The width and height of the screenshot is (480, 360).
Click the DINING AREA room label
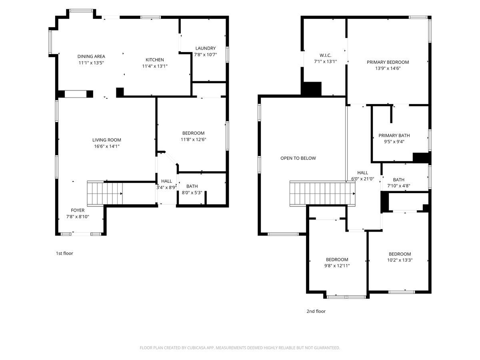pos(91,56)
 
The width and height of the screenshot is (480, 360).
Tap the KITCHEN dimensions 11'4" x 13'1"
pos(154,66)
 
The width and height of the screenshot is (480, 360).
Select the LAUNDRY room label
pos(205,48)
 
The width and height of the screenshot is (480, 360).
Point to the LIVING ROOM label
pos(106,140)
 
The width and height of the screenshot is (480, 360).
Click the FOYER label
pos(78,210)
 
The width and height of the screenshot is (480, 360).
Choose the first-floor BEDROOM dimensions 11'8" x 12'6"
pos(193,140)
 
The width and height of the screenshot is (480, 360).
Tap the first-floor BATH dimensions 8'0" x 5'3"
pos(192,193)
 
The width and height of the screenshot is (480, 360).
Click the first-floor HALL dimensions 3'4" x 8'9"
pos(166,187)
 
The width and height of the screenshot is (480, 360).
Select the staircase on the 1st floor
pos(105,194)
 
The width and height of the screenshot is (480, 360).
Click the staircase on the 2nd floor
pos(322,193)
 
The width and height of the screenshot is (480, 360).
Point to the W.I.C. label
pos(325,55)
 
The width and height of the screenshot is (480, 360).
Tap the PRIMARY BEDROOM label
pos(388,62)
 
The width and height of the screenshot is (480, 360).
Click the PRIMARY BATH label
pos(394,135)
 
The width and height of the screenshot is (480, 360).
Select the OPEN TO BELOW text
pos(298,158)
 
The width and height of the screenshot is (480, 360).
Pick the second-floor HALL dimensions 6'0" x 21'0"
pos(362,179)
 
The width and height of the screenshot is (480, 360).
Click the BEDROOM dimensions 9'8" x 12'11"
pos(337,266)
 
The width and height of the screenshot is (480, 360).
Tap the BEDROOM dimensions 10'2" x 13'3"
pos(400,260)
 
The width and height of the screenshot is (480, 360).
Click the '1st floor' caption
pos(64,253)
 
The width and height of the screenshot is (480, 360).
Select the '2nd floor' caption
pos(316,311)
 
